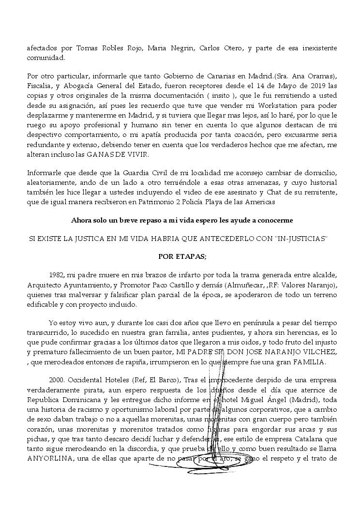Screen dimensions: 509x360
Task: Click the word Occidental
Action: click(90, 380)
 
